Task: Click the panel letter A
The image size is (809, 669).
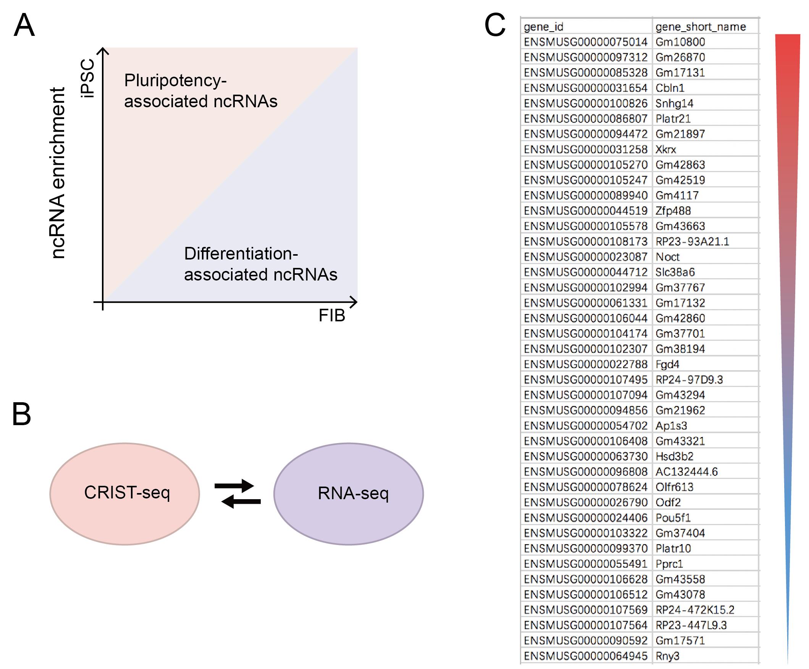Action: (x=24, y=25)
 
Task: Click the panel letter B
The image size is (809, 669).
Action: (x=22, y=414)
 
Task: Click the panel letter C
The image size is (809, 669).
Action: (x=495, y=25)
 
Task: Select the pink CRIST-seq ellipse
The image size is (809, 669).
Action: (x=125, y=494)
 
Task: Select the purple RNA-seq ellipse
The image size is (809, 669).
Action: (x=349, y=494)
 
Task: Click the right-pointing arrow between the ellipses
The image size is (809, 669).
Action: (x=234, y=486)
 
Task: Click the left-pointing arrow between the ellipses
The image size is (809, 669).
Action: (x=241, y=501)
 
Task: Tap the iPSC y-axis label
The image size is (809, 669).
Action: (x=88, y=78)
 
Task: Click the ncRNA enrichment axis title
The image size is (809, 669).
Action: (x=58, y=173)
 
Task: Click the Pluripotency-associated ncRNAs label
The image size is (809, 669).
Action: (x=201, y=91)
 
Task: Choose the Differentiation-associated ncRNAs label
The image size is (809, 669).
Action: (x=261, y=264)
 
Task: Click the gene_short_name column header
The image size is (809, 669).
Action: (x=701, y=27)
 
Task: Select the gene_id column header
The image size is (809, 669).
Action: (x=544, y=27)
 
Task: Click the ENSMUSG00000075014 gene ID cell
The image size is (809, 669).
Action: (x=586, y=42)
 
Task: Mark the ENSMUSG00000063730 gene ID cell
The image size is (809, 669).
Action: (x=586, y=456)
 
